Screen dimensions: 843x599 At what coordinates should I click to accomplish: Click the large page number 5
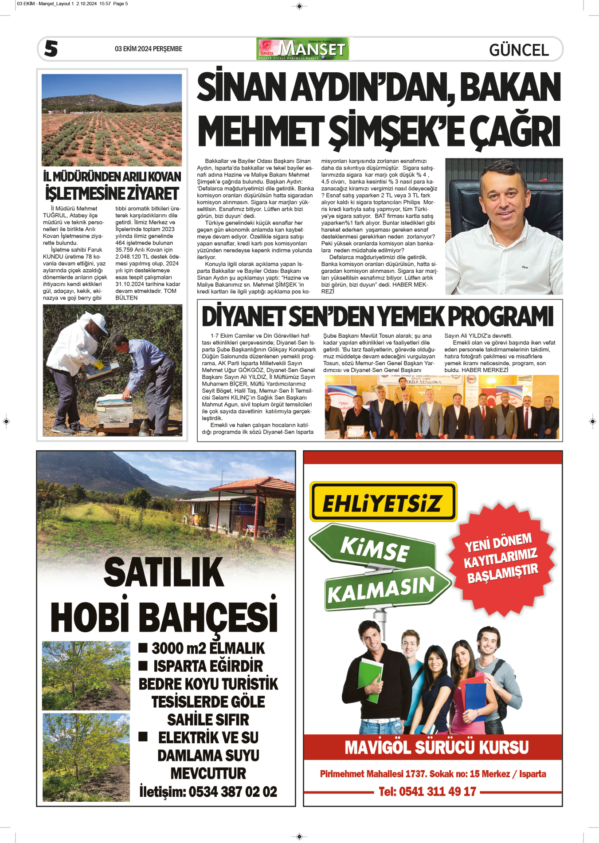(51, 48)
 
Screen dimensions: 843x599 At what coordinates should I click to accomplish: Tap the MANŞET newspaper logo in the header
(303, 49)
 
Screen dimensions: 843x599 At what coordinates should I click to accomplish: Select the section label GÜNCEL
(519, 50)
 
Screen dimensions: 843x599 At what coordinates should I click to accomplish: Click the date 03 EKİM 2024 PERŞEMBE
(149, 49)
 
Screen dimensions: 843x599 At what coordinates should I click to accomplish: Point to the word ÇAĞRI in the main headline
(514, 132)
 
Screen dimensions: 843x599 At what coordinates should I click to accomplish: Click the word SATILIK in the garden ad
(164, 572)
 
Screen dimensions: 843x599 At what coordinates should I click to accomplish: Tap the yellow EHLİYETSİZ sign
(383, 502)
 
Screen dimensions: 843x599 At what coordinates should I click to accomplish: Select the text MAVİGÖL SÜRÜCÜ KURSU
(436, 748)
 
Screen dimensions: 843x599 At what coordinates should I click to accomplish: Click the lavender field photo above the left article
(112, 120)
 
